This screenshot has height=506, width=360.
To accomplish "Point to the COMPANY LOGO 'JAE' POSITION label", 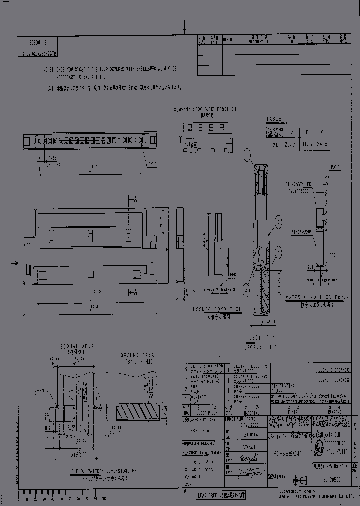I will [205, 109].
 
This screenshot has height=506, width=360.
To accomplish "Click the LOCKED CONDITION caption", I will [217, 309].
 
